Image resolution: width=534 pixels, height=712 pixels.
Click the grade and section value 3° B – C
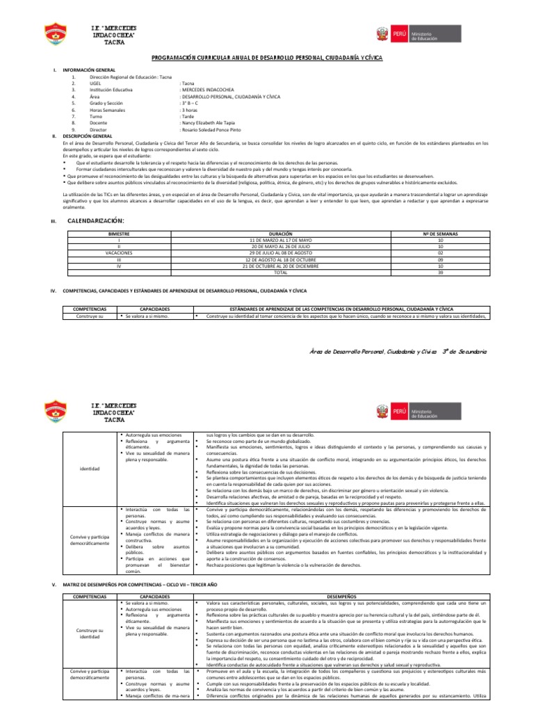(191, 104)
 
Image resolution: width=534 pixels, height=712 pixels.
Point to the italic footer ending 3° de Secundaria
(398, 353)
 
